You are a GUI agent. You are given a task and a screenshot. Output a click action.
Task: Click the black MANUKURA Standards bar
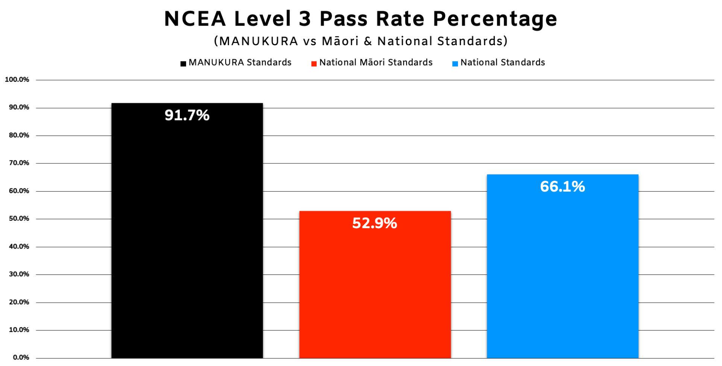187,230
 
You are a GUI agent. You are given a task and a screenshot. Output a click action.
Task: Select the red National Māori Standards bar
375,284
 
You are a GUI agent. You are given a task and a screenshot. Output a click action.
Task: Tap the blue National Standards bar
563,266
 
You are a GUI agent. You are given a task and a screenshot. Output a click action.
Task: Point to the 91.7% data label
187,115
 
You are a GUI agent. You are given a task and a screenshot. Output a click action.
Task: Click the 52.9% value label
375,223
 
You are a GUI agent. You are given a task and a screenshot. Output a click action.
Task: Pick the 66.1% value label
563,187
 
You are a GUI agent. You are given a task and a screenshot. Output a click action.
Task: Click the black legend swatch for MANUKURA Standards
183,64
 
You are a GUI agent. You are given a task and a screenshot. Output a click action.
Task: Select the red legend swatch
314,64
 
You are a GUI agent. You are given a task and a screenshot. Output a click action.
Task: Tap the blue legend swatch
455,64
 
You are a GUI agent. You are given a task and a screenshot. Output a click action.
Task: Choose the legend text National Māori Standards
376,63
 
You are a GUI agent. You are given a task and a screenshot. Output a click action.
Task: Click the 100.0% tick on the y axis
17,79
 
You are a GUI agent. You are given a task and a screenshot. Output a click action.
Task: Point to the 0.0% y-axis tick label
21,357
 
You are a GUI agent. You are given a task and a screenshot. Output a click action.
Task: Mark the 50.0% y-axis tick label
19,218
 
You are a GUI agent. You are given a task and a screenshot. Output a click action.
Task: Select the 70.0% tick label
19,163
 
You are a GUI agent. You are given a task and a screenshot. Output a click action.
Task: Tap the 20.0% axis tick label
19,302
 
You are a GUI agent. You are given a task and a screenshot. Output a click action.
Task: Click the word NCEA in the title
195,19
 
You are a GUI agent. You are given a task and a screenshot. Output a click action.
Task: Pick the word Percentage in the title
495,20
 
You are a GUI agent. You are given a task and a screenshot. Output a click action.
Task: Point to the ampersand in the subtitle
368,41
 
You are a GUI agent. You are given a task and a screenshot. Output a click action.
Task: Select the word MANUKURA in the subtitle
259,41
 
